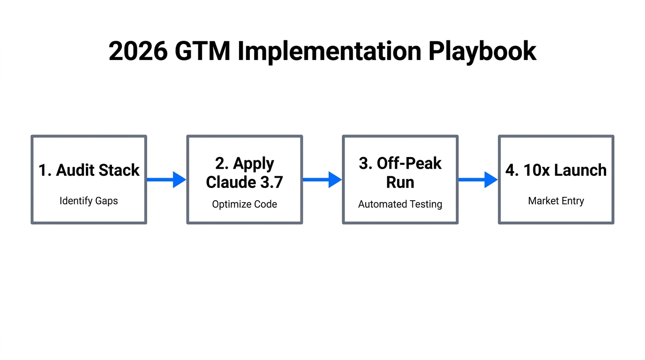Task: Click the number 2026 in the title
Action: point(138,51)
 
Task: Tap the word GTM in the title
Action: point(202,51)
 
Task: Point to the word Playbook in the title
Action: point(482,51)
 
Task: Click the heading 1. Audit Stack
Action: point(89,170)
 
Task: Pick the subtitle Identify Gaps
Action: point(89,201)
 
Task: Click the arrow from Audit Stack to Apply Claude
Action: point(166,180)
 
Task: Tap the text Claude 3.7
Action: point(244,182)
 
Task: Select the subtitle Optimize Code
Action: point(244,204)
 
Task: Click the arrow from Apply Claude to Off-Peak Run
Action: point(322,180)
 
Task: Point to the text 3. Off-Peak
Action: point(400,164)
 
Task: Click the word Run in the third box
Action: point(400,182)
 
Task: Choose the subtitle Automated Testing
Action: point(400,204)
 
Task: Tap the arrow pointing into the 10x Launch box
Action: point(478,180)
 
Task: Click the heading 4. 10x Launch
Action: point(555,170)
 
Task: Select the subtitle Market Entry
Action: point(555,201)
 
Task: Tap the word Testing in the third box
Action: point(426,204)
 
